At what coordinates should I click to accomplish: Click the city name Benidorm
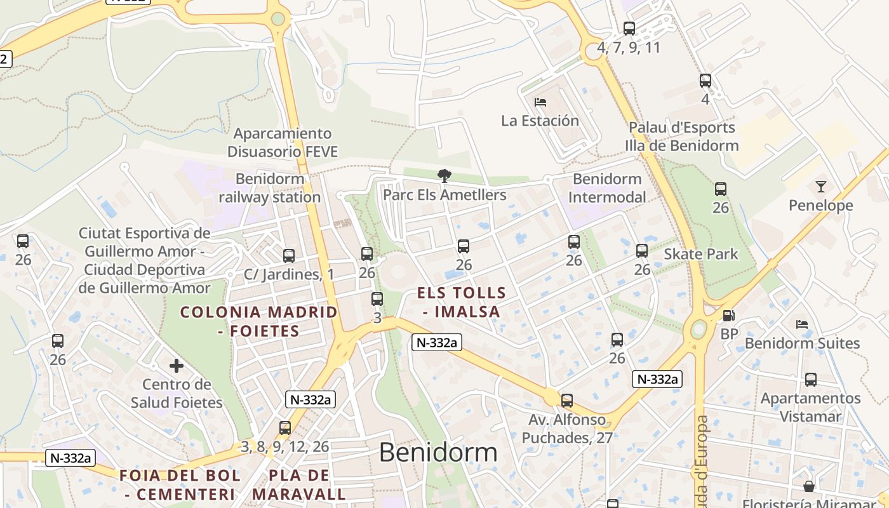point(438,452)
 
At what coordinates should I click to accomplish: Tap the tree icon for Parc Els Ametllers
point(444,175)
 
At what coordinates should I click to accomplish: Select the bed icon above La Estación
point(540,102)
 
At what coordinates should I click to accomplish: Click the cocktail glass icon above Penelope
point(821,186)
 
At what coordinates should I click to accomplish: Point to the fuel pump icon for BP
point(729,315)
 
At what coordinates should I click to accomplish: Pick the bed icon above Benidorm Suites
point(802,324)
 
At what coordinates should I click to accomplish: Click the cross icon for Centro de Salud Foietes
point(177,365)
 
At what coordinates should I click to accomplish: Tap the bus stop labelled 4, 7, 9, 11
point(629,29)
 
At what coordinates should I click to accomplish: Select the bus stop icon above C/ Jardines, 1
point(289,255)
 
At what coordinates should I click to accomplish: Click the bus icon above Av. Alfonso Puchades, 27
point(567,401)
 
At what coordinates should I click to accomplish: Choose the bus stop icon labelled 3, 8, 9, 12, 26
point(285,428)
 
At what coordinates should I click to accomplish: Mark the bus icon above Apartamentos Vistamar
point(811,380)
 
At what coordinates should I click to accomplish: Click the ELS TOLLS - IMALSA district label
point(462,302)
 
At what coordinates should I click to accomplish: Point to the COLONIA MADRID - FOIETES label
point(258,321)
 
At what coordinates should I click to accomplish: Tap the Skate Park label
point(701,255)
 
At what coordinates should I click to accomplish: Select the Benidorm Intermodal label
point(606,188)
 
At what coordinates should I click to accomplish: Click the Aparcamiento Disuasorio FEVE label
point(283,142)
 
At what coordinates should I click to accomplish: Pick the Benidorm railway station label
point(270,188)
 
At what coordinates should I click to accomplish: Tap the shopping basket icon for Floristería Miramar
point(809,486)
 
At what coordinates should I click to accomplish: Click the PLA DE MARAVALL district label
point(299,485)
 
